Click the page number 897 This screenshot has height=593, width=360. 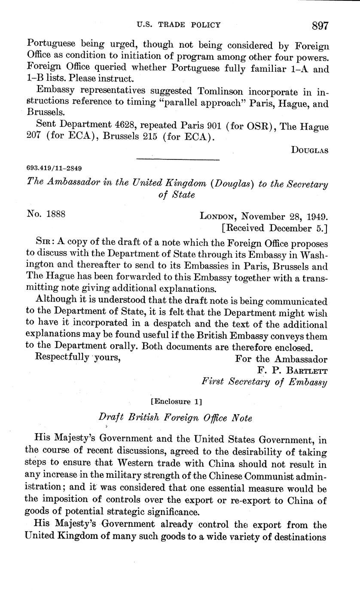(x=320, y=26)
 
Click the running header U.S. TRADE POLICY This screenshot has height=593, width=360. (x=178, y=25)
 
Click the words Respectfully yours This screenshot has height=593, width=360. (x=77, y=358)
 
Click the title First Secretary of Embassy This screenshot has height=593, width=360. (x=265, y=382)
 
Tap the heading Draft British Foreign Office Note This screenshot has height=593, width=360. (x=175, y=417)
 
